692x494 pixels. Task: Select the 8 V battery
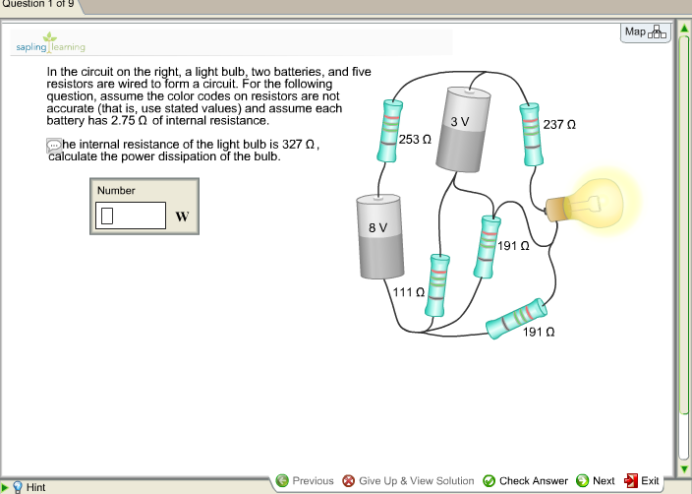[378, 237]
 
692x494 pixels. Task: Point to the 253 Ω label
[416, 141]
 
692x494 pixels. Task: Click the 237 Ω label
[558, 126]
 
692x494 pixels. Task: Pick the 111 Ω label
[408, 292]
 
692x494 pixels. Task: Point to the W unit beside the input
[181, 216]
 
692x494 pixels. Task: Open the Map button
[645, 32]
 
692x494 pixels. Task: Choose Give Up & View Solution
[408, 480]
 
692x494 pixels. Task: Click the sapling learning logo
[50, 43]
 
